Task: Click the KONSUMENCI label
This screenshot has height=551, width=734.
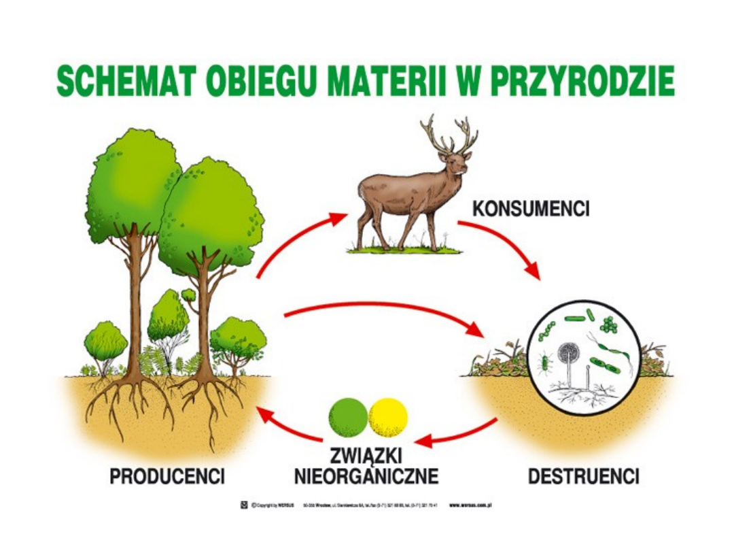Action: pyautogui.click(x=531, y=208)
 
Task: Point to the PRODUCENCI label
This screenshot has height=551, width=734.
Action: pyautogui.click(x=167, y=477)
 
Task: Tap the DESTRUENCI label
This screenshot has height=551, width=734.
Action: pyautogui.click(x=583, y=477)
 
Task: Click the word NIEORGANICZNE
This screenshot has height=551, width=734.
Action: pyautogui.click(x=366, y=476)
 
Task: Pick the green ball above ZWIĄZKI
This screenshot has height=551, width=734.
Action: pyautogui.click(x=348, y=417)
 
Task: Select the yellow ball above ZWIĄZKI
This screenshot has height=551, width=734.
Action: pyautogui.click(x=388, y=417)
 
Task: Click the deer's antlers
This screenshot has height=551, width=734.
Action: pyautogui.click(x=449, y=135)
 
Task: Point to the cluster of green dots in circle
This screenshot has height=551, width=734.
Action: pyautogui.click(x=609, y=325)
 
